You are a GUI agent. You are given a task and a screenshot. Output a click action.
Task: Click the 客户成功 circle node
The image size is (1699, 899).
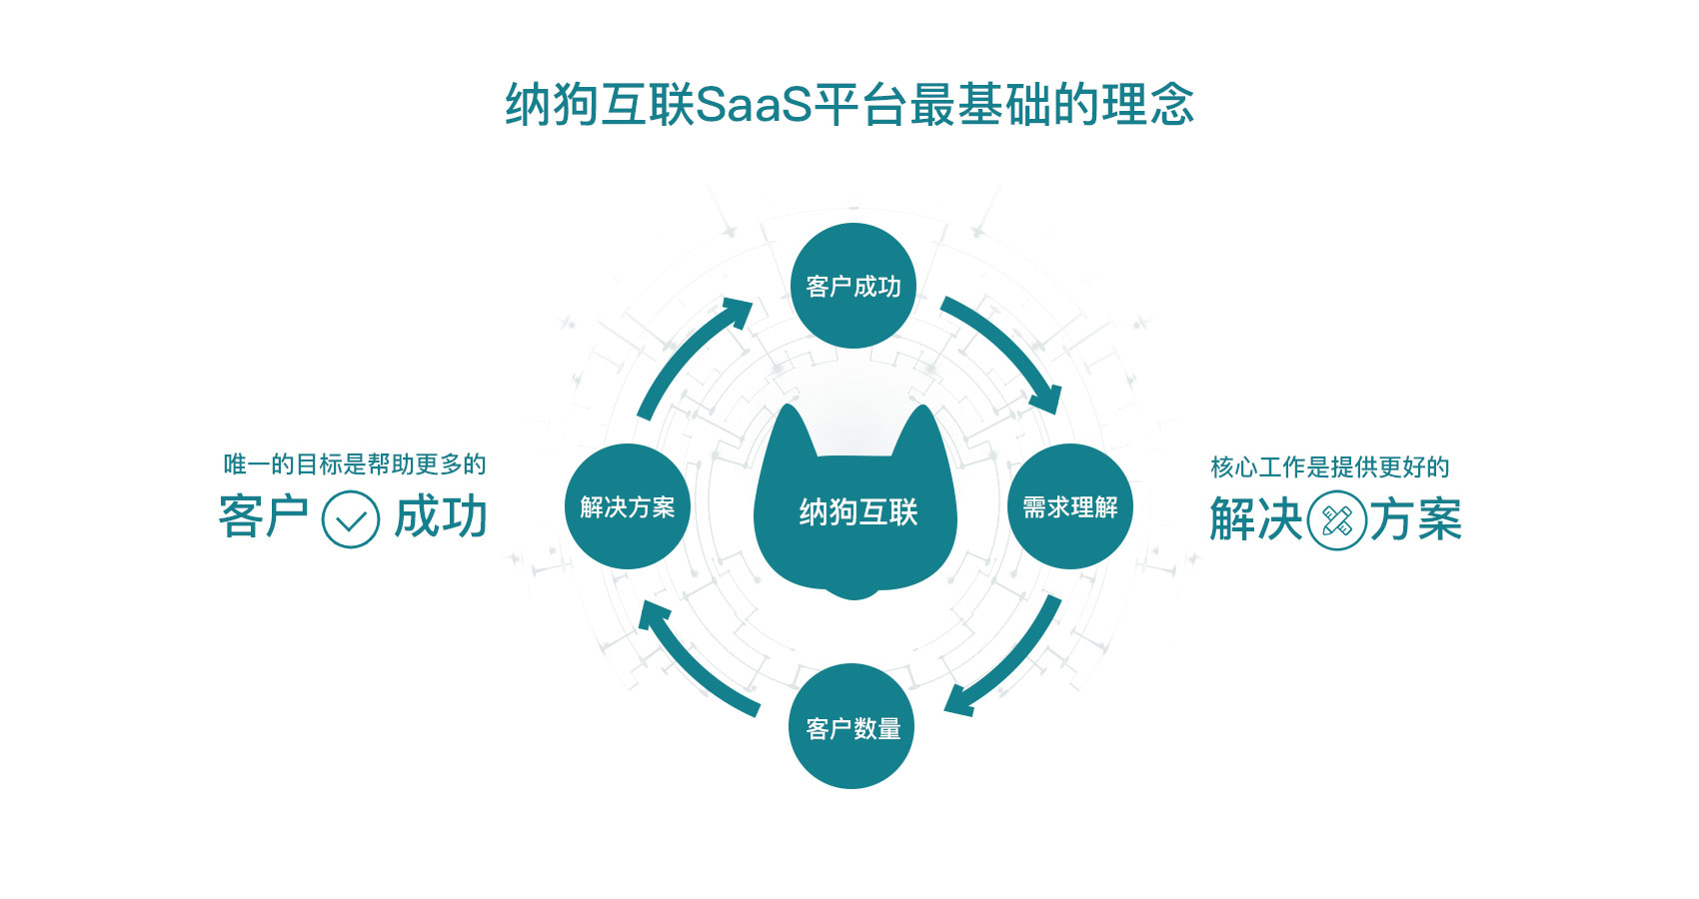click(852, 286)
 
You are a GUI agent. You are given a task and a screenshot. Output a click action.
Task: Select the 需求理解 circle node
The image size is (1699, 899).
click(1069, 506)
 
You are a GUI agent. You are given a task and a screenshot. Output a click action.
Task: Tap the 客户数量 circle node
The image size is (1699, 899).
click(852, 727)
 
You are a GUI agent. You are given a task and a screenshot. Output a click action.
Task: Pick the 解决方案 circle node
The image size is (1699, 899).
click(628, 506)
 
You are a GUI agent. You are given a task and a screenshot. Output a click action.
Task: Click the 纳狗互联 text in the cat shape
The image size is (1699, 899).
click(857, 512)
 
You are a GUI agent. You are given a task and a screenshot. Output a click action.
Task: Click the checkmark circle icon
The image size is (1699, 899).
click(351, 519)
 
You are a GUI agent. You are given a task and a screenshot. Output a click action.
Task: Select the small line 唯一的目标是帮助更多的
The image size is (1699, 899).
click(354, 464)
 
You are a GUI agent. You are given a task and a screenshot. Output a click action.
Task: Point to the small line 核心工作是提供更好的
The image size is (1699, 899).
click(1329, 466)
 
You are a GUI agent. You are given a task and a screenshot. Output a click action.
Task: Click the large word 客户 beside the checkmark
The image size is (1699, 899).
click(263, 517)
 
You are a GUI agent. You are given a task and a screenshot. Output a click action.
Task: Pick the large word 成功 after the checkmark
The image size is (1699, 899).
click(441, 517)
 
